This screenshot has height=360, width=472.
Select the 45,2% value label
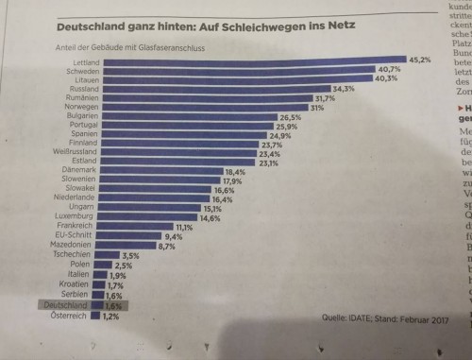click(x=419, y=60)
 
